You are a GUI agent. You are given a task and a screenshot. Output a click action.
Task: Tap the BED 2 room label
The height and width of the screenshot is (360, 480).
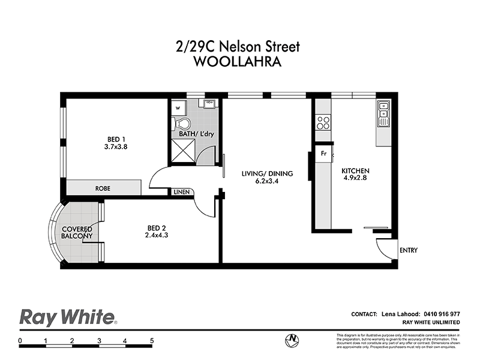point(156,227)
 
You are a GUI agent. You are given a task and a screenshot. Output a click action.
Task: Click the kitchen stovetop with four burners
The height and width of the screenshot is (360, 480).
point(323,122)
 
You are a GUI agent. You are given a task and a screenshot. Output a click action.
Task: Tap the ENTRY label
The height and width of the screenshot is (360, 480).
point(407,250)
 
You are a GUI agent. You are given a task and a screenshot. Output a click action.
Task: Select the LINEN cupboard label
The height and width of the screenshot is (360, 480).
point(181,193)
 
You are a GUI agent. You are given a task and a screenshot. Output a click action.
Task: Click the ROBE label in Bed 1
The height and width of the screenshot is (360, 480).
point(103,188)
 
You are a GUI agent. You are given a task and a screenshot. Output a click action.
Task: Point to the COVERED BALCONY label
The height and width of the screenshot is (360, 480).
point(76,233)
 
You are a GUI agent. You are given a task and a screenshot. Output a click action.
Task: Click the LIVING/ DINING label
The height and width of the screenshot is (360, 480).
point(267,174)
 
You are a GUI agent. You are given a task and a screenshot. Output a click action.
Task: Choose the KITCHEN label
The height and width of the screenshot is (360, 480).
point(355,170)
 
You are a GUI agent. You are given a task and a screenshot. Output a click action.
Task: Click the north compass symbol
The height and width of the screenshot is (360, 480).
point(292,340)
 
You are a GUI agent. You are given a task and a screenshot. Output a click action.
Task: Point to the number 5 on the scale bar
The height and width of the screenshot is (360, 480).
point(152,341)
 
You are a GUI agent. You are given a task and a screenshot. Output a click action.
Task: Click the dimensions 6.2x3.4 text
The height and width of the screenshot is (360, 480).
point(267,181)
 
